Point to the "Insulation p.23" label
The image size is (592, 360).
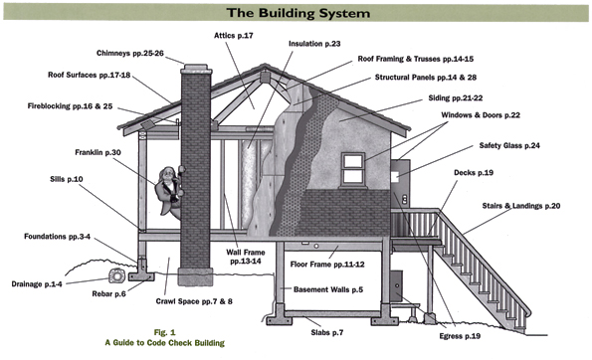point(314,44)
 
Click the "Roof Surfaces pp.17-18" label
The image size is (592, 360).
point(93,75)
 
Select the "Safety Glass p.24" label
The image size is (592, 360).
point(504,145)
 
